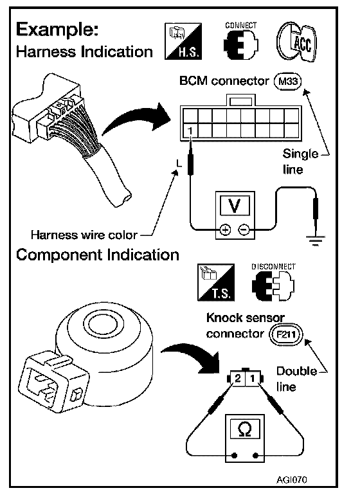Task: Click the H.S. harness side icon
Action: (x=183, y=41)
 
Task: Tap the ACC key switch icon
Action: (x=296, y=42)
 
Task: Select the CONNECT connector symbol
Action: (x=240, y=44)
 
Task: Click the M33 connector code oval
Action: (x=288, y=82)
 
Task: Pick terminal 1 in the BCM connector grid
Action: (x=190, y=130)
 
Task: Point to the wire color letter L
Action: (x=179, y=163)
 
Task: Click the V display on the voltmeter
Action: (x=234, y=206)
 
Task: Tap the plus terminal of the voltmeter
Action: (x=225, y=230)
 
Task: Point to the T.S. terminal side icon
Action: (x=216, y=282)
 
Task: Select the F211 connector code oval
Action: (x=286, y=334)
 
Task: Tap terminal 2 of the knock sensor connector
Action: (x=238, y=377)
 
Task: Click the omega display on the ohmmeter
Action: (x=245, y=429)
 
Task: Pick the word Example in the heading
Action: (x=57, y=31)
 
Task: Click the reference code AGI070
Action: (x=291, y=480)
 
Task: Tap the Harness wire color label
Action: (x=84, y=235)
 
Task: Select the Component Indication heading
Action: (x=98, y=255)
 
